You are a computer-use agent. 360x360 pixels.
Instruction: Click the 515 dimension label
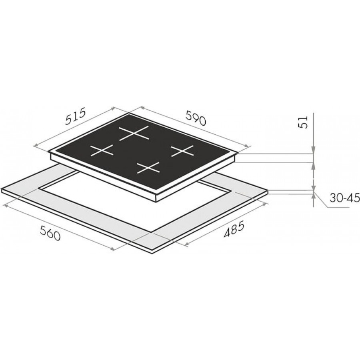(x=76, y=117)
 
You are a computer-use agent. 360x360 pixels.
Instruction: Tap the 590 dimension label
(x=195, y=118)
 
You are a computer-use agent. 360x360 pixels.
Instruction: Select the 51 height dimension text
(x=304, y=122)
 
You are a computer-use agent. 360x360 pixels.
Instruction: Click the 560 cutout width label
(x=50, y=232)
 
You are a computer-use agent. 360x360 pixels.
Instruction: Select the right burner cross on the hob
(x=183, y=151)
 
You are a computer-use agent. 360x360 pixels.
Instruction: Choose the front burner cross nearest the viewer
(x=148, y=168)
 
